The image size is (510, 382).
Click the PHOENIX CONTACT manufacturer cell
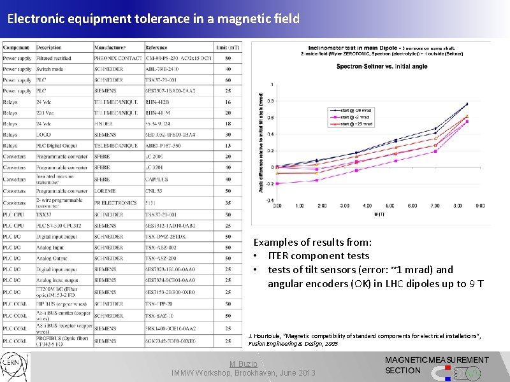(x=118, y=59)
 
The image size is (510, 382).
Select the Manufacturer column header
(x=110, y=48)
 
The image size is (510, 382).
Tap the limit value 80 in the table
(x=228, y=59)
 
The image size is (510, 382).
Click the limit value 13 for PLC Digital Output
(x=228, y=145)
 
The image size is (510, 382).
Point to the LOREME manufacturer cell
(x=106, y=191)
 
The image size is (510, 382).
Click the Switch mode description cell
(x=49, y=69)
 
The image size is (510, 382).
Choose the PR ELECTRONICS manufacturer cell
(x=115, y=202)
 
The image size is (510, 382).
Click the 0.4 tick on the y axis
(x=271, y=134)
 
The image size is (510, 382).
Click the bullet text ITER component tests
(x=318, y=256)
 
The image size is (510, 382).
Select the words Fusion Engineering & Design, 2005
(x=288, y=343)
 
